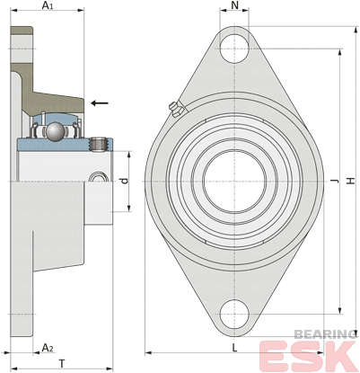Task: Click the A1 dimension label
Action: pyautogui.click(x=48, y=5)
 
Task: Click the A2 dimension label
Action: pyautogui.click(x=48, y=348)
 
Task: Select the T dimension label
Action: pyautogui.click(x=62, y=364)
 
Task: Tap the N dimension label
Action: pyautogui.click(x=235, y=5)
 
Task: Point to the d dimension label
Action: pyautogui.click(x=125, y=181)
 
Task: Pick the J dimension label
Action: pyautogui.click(x=335, y=181)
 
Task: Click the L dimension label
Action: pyautogui.click(x=235, y=348)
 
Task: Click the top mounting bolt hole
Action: pyautogui.click(x=234, y=49)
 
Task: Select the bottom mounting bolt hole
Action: pyautogui.click(x=234, y=314)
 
